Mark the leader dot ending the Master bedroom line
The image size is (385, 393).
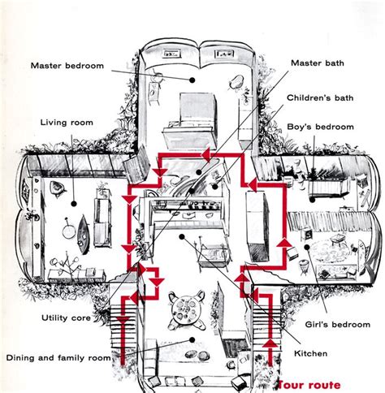point(192,80)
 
